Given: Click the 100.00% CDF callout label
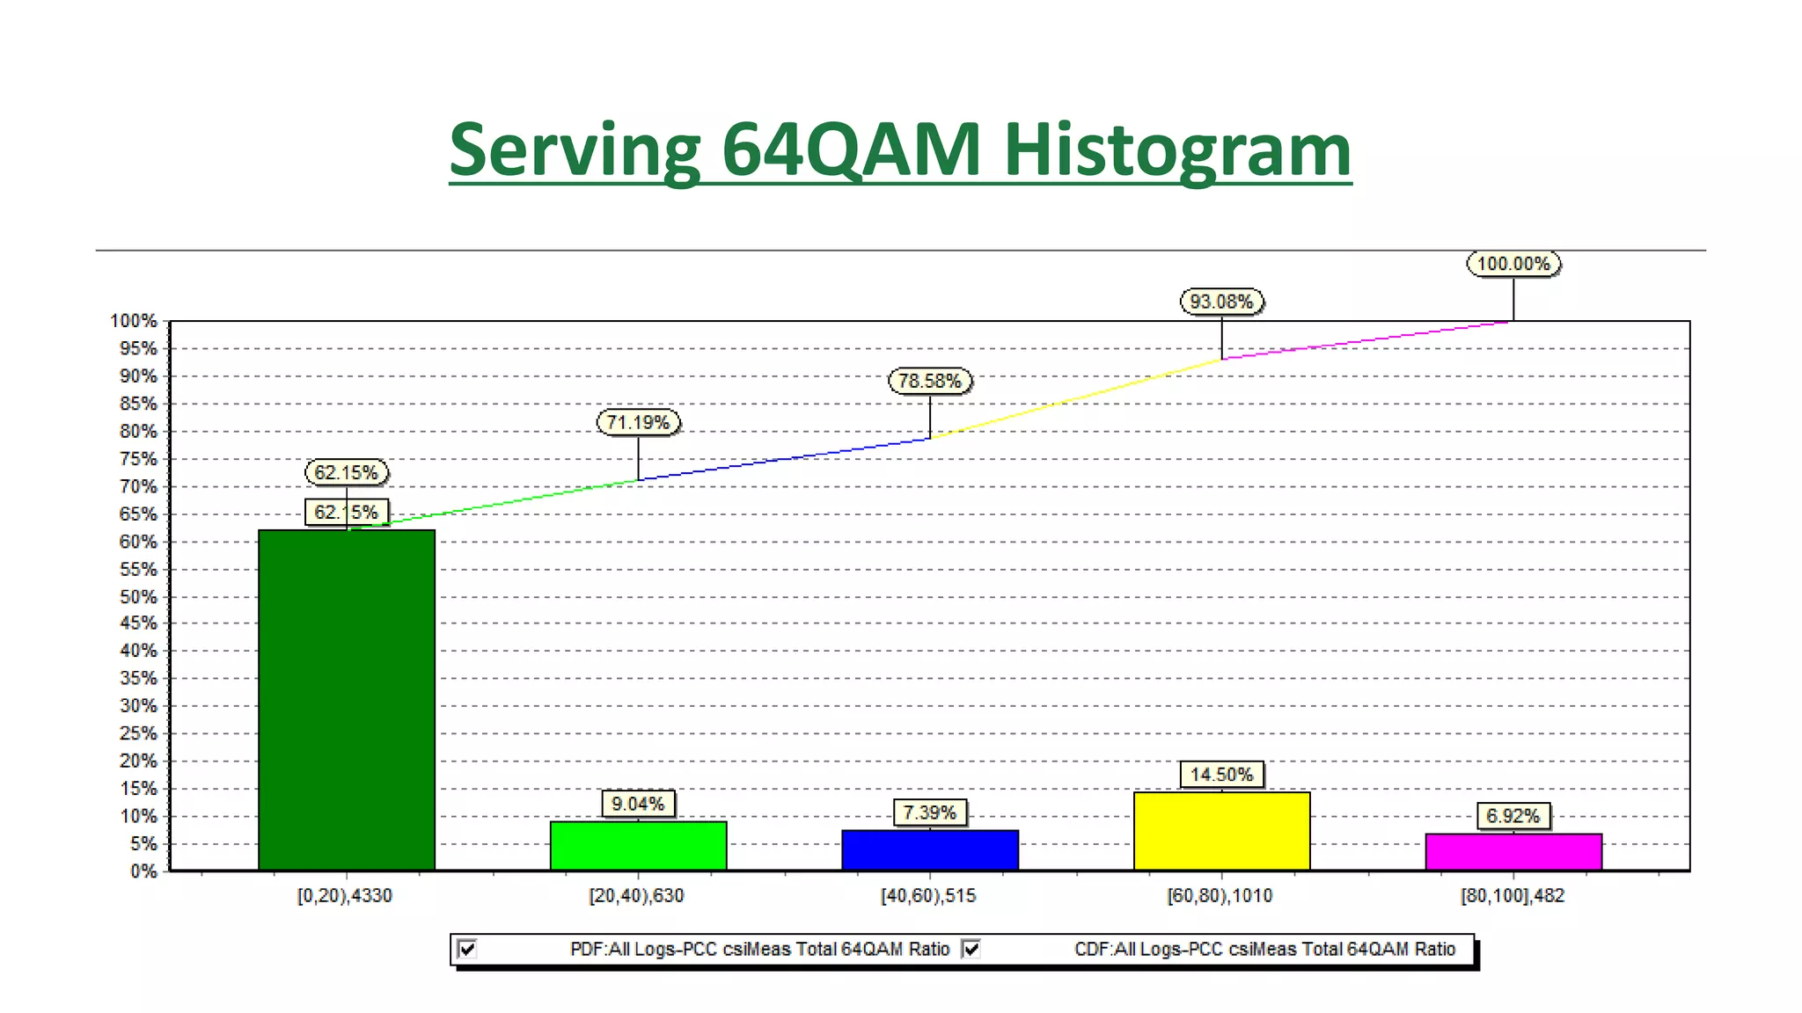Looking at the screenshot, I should coord(1513,264).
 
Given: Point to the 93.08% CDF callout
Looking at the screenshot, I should coord(1221,302).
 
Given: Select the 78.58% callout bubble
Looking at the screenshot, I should coord(930,381).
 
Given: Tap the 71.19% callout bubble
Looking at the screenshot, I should coord(638,422).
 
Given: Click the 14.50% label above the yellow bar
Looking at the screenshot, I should coord(1221,775).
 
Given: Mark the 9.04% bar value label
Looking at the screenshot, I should coord(638,804).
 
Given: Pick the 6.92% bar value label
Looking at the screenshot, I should coord(1513,816).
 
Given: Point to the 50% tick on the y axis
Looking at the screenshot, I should coord(138,597).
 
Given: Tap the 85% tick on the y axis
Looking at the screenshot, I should coord(138,404).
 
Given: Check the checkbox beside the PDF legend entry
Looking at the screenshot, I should coord(468,949).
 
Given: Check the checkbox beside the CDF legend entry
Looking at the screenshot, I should coord(971,949).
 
